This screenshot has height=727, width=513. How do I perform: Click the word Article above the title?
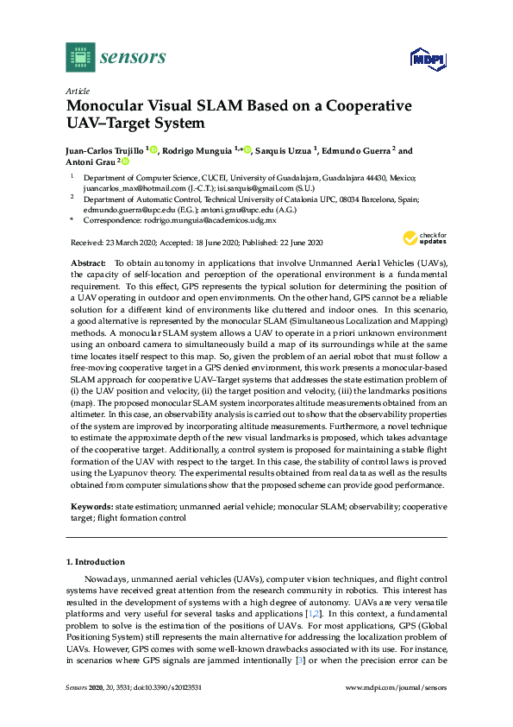(x=77, y=90)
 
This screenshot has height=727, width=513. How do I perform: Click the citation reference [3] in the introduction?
(x=300, y=661)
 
